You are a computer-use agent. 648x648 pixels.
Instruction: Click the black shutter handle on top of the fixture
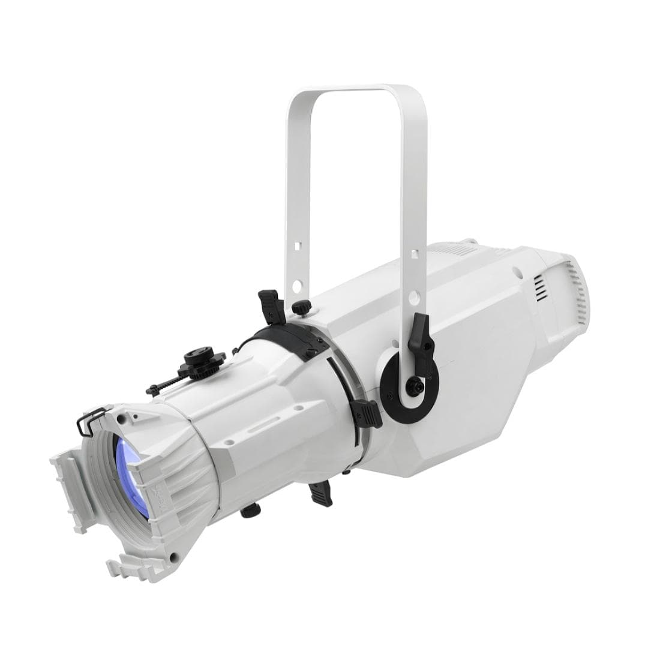pos(270,302)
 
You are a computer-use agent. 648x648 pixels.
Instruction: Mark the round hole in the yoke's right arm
pos(415,295)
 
